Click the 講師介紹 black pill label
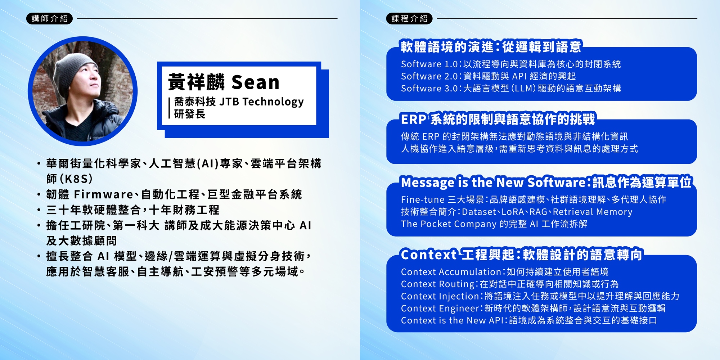pos(49,18)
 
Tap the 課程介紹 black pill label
pos(409,18)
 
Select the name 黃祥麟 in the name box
pos(196,82)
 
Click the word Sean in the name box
pos(255,82)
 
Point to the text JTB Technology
pos(261,102)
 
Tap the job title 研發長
pos(189,114)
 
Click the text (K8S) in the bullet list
pos(76,179)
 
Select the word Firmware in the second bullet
pos(104,194)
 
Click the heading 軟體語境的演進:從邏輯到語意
pos(491,47)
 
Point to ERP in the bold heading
pos(414,119)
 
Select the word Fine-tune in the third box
pos(423,199)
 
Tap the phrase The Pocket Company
pos(449,224)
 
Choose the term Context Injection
pos(440,296)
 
